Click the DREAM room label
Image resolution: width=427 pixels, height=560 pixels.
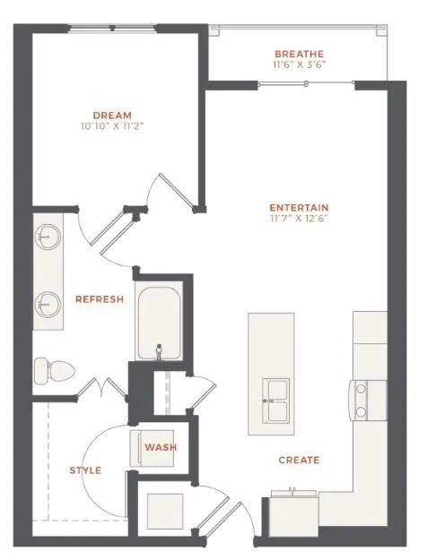(112, 116)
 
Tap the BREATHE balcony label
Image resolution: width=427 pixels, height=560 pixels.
(299, 54)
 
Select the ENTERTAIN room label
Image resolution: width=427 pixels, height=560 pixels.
(299, 208)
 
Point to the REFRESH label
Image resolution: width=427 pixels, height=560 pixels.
(100, 299)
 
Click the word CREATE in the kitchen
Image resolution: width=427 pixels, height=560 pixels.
(299, 460)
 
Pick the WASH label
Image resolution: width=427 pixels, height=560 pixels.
(161, 447)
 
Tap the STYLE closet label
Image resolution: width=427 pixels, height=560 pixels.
(85, 470)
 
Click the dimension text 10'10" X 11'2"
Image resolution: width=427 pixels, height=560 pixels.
(112, 126)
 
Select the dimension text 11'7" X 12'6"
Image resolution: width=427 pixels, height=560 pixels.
(299, 219)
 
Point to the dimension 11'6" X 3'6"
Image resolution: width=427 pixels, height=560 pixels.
(299, 65)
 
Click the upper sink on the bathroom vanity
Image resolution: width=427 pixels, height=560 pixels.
(48, 237)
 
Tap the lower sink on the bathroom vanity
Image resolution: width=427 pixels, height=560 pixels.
(48, 305)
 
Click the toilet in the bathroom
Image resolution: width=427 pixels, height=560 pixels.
(55, 371)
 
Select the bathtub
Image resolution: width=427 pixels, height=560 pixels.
(159, 321)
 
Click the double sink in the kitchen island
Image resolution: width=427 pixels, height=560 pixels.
(275, 401)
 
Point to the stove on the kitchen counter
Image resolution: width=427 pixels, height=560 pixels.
(368, 401)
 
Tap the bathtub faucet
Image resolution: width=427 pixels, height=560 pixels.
(159, 351)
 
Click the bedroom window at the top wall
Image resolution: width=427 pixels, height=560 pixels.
(112, 28)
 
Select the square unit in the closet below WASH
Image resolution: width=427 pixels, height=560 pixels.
(165, 512)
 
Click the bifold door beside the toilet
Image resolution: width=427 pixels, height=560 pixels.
(102, 387)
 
